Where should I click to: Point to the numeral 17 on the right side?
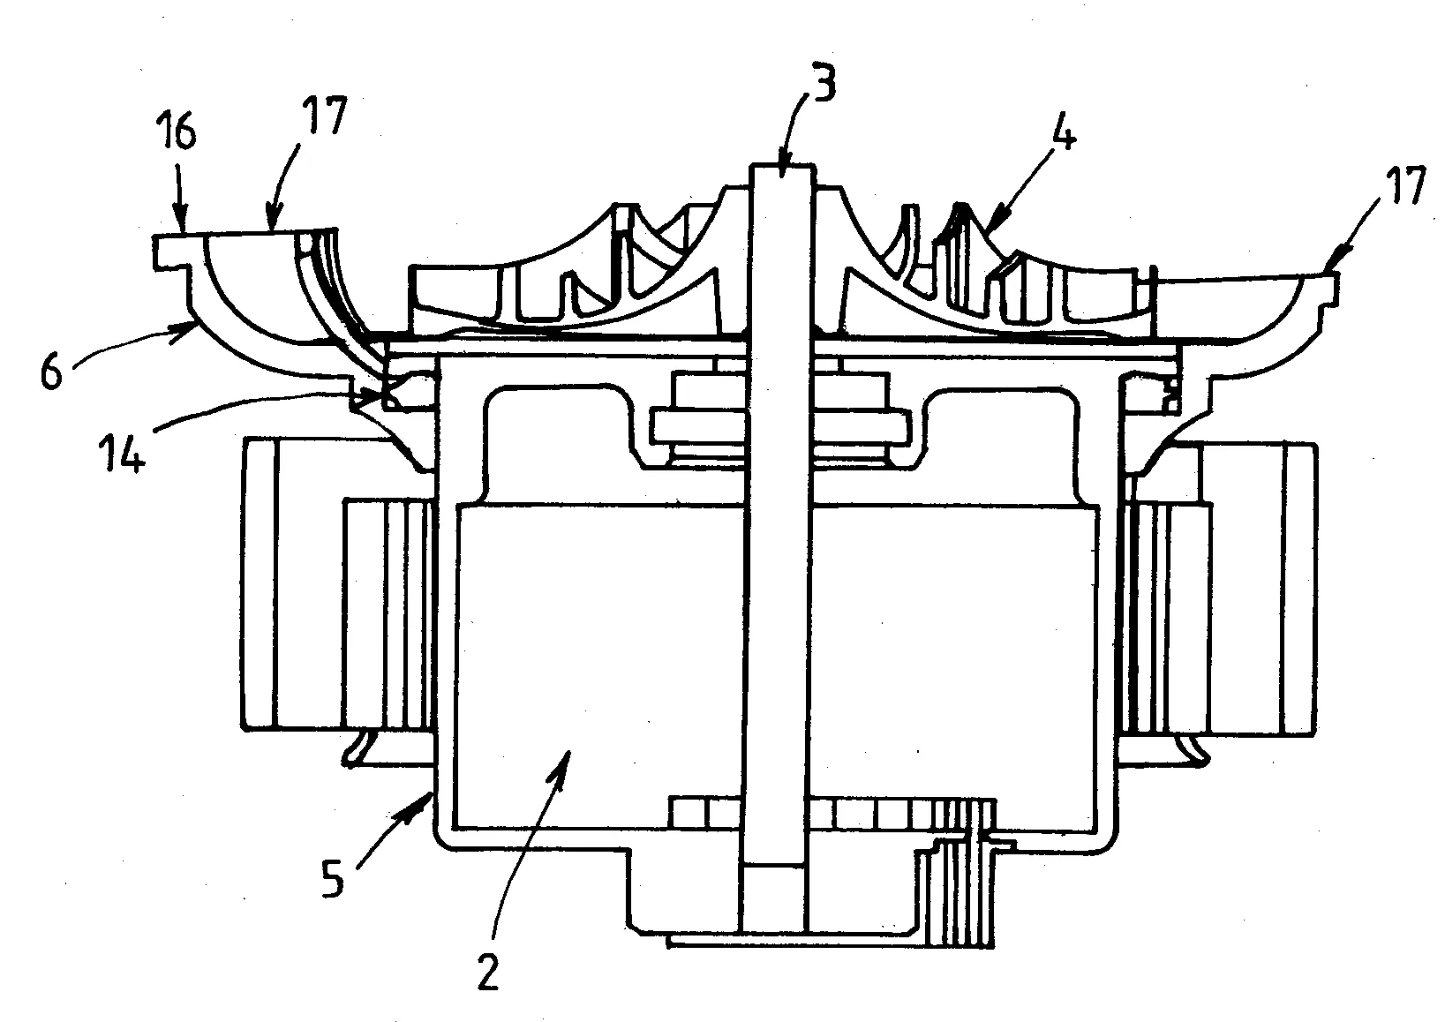point(1404,185)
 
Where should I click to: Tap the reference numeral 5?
point(333,879)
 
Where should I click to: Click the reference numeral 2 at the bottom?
point(487,972)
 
